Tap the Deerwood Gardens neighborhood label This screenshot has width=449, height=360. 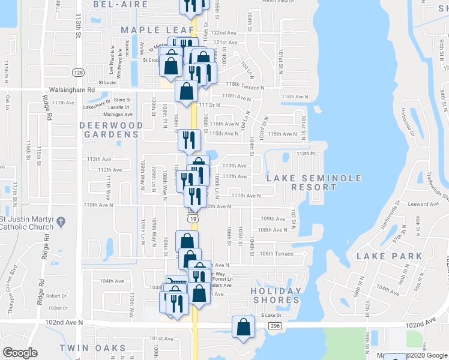(x=112, y=130)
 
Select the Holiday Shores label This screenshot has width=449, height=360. (x=276, y=296)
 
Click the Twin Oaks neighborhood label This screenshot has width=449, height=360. (x=92, y=348)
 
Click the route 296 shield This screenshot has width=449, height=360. (x=275, y=325)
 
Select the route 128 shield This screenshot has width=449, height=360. (x=79, y=73)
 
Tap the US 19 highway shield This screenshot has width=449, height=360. (x=192, y=219)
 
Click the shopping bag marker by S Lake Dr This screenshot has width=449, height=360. (x=243, y=328)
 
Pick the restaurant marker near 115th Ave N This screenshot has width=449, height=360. (x=189, y=140)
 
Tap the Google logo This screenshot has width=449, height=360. (x=20, y=353)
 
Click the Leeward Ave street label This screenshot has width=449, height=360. (x=424, y=205)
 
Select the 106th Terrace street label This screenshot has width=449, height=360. (x=276, y=254)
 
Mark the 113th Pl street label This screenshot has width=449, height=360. (x=306, y=154)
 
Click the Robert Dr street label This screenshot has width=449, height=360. (x=56, y=296)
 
